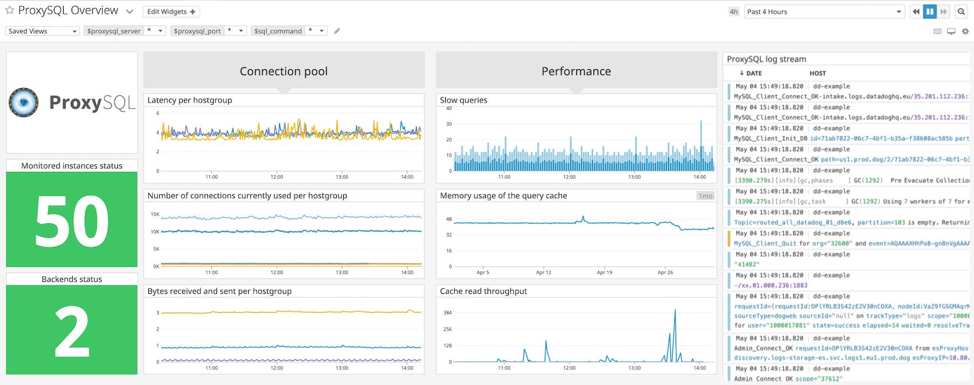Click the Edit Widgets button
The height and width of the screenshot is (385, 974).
[x=171, y=11]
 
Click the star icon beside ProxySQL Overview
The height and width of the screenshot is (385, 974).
[x=10, y=10]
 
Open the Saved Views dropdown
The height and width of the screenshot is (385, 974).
[x=42, y=31]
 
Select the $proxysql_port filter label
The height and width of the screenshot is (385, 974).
[x=197, y=31]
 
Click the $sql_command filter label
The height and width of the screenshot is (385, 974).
[x=278, y=31]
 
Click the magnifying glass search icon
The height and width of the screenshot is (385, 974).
[x=961, y=11]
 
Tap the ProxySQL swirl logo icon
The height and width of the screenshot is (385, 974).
[x=23, y=103]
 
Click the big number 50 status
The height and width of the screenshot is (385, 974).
[x=72, y=222]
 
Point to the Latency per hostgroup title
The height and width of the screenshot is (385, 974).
[x=190, y=100]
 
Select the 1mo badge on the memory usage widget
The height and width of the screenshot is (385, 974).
[x=705, y=196]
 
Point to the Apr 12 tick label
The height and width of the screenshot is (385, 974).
[x=543, y=273]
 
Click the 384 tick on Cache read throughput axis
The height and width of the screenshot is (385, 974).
[x=447, y=312]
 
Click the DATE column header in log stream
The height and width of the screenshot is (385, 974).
[x=751, y=73]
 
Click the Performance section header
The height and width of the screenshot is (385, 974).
[x=576, y=72]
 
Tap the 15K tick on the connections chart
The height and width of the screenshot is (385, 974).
[x=155, y=214]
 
